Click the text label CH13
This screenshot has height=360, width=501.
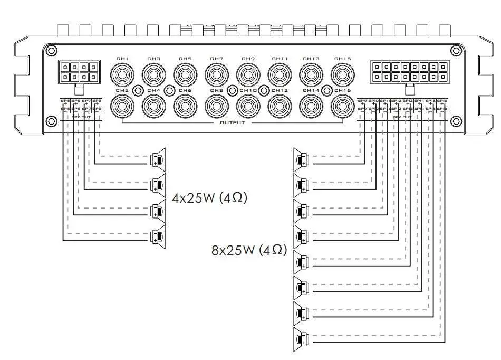pos(311,59)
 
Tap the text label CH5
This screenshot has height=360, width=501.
pos(185,59)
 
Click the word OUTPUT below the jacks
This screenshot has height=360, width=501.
pos(233,122)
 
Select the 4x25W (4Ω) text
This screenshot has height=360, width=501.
pos(210,198)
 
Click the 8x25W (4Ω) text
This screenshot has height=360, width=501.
pos(249,250)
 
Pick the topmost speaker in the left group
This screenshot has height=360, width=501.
pos(158,158)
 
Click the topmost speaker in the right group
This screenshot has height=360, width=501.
pos(301,159)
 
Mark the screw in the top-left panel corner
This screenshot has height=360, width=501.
pos(51,51)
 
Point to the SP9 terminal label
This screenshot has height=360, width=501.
pos(362,100)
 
